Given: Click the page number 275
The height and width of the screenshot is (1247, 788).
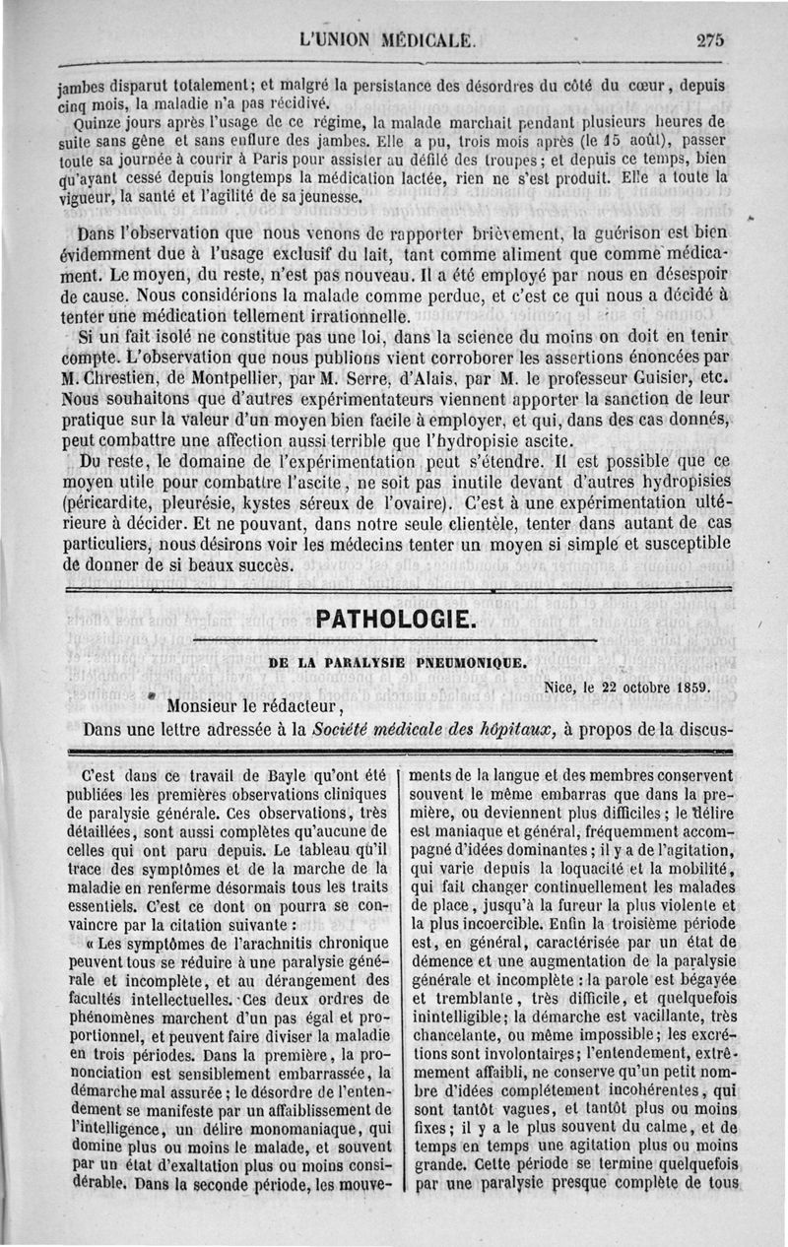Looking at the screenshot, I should pyautogui.click(x=709, y=40).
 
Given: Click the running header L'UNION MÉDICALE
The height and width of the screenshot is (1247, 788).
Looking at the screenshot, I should pyautogui.click(x=388, y=40).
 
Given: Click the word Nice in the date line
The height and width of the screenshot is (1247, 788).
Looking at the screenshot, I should pyautogui.click(x=560, y=687).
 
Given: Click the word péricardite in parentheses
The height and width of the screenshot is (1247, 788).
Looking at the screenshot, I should pyautogui.click(x=110, y=497).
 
